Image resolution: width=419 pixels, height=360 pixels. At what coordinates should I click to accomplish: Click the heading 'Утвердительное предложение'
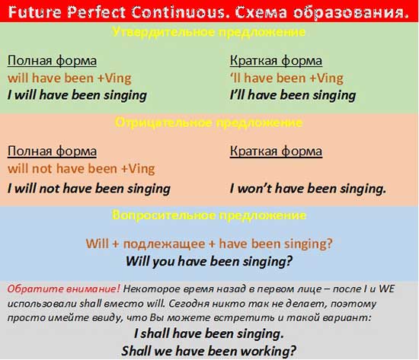(x=209, y=33)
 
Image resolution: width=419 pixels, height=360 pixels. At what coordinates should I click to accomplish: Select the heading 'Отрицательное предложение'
(x=209, y=122)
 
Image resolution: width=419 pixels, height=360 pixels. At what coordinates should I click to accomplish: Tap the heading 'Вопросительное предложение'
(x=209, y=215)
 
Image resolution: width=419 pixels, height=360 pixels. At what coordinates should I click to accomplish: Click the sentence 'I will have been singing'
(x=76, y=95)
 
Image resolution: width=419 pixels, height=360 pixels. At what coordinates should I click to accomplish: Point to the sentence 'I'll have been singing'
(x=293, y=95)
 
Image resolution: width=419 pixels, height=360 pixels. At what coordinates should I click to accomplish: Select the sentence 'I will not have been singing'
(x=88, y=188)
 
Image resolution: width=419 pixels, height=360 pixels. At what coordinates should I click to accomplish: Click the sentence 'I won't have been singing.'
(x=308, y=188)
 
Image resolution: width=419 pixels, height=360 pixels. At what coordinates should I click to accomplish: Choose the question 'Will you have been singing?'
(x=209, y=260)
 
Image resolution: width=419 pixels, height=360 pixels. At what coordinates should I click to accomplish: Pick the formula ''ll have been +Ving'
(x=286, y=78)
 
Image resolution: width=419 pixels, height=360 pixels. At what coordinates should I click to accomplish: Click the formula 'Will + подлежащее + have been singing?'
(x=209, y=244)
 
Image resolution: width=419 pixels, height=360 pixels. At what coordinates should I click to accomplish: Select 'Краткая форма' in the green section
(x=276, y=61)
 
